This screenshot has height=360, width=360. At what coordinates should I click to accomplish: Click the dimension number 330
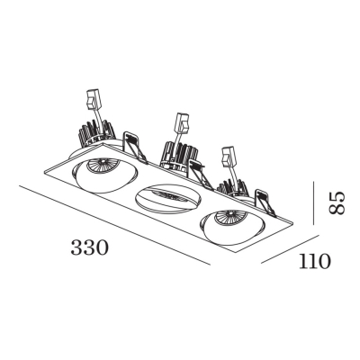click(89, 247)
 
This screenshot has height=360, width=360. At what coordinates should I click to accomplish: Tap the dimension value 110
click(315, 261)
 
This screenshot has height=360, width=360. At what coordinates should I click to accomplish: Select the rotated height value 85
click(337, 203)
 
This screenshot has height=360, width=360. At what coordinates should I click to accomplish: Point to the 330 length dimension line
click(114, 226)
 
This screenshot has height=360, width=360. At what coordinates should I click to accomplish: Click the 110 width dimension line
click(290, 249)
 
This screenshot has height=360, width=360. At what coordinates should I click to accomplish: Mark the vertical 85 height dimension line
click(313, 203)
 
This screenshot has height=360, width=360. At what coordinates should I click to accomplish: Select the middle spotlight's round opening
click(169, 198)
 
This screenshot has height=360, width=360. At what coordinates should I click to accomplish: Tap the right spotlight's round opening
click(232, 225)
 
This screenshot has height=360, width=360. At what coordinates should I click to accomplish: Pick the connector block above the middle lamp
click(183, 122)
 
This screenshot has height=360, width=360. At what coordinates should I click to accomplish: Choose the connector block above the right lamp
click(228, 156)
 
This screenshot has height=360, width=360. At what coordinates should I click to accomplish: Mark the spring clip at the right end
click(265, 203)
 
